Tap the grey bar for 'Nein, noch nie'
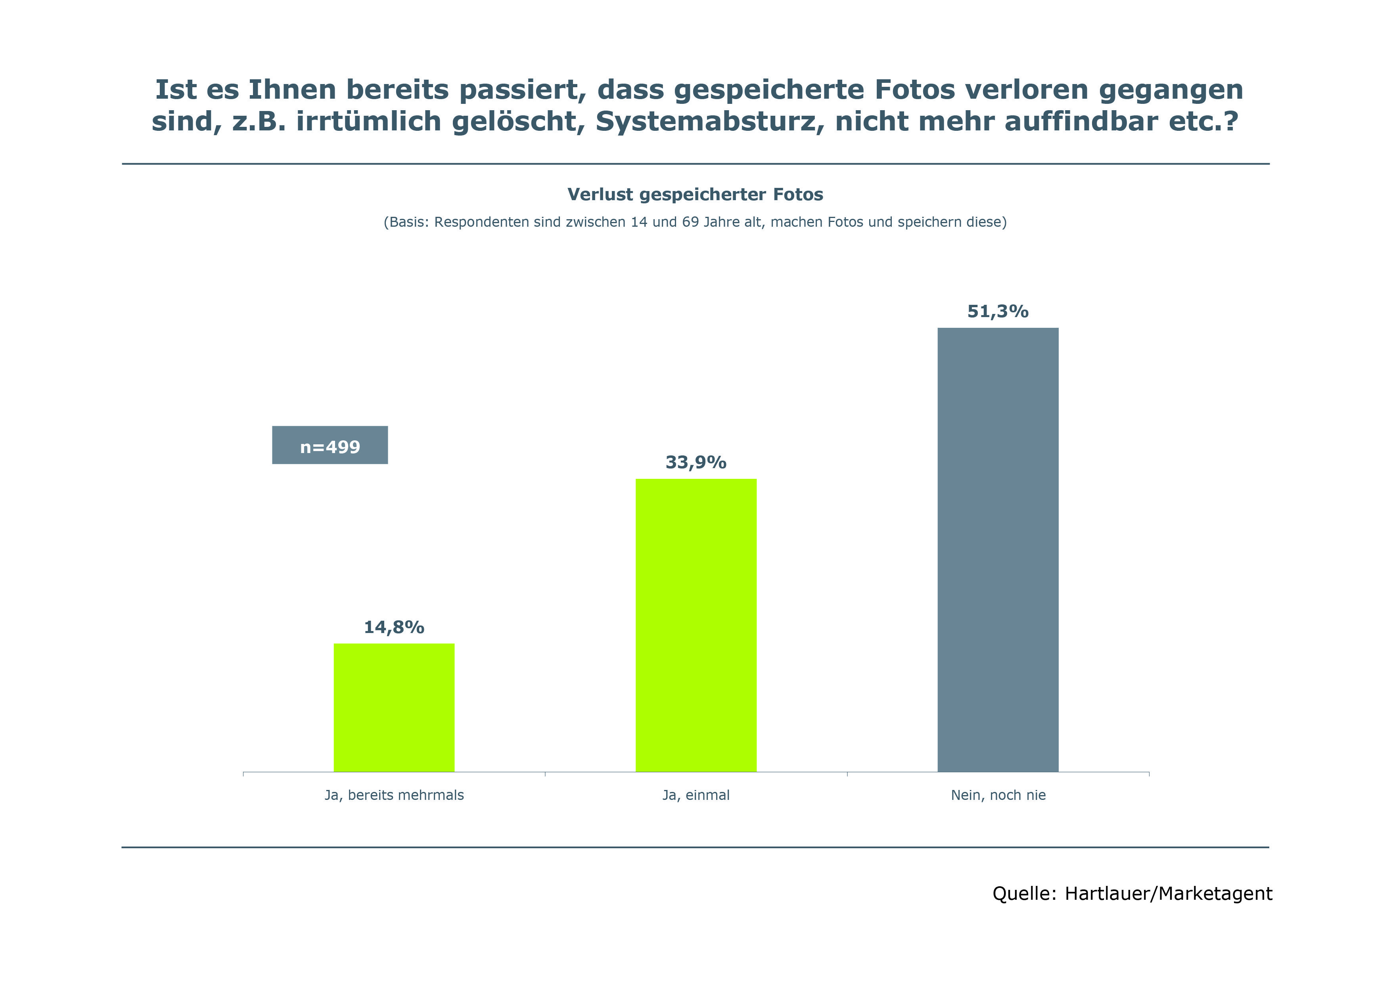[998, 549]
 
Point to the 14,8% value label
[394, 627]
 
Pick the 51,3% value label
[998, 312]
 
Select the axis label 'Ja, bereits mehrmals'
[394, 795]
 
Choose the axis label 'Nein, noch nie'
[998, 795]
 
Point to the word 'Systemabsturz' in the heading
[709, 122]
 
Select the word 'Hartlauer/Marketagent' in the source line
[1168, 894]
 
